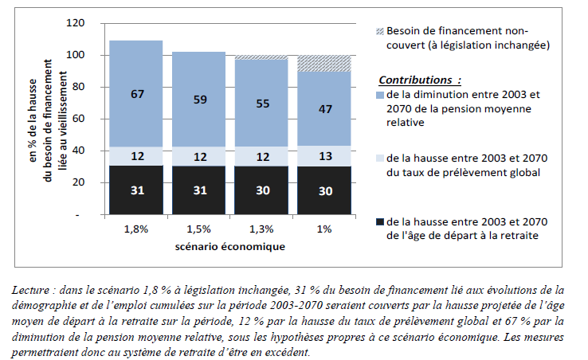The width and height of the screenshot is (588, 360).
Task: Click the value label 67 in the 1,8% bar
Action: pos(136,94)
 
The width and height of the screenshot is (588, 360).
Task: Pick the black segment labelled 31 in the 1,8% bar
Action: pos(136,190)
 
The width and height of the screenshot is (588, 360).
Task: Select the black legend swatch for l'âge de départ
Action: pos(379,221)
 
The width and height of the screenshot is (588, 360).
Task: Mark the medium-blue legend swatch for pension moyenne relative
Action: pos(379,95)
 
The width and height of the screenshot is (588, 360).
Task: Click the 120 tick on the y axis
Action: pos(76,23)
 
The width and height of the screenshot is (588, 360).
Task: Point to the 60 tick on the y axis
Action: pos(79,119)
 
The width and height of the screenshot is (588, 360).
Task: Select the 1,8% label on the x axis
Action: pos(136,229)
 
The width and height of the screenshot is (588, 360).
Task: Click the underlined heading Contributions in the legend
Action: pos(419,80)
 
